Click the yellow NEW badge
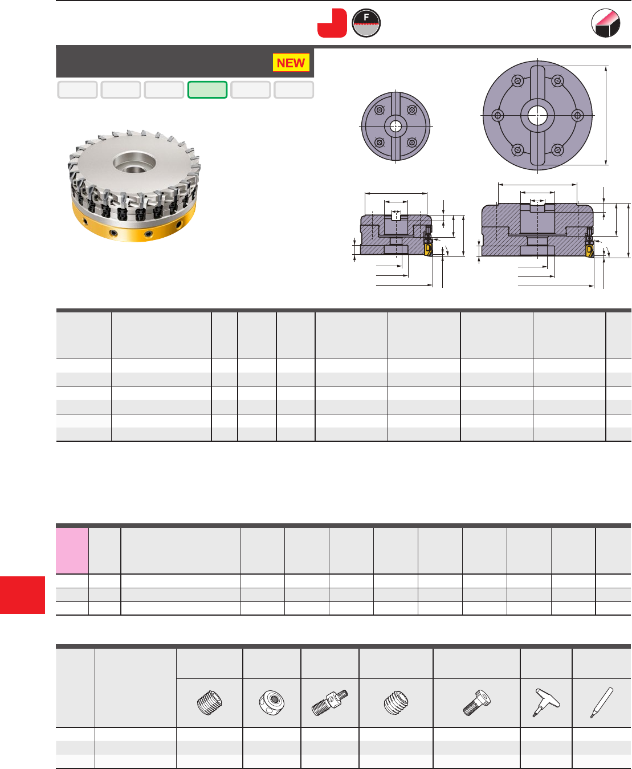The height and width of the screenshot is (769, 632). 291,63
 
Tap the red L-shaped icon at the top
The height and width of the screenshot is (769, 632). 332,23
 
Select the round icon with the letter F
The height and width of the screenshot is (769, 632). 366,23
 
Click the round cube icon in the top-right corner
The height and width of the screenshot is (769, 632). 605,23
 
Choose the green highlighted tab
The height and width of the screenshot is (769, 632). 207,89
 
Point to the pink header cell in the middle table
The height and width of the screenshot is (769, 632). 72,550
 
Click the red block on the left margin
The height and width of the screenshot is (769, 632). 22,595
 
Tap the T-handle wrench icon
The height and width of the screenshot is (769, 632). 546,702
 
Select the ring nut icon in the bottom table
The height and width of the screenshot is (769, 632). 271,702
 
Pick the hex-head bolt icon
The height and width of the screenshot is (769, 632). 477,702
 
